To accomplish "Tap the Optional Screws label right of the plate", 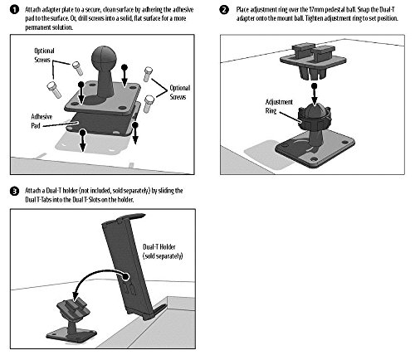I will (x=180, y=92).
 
